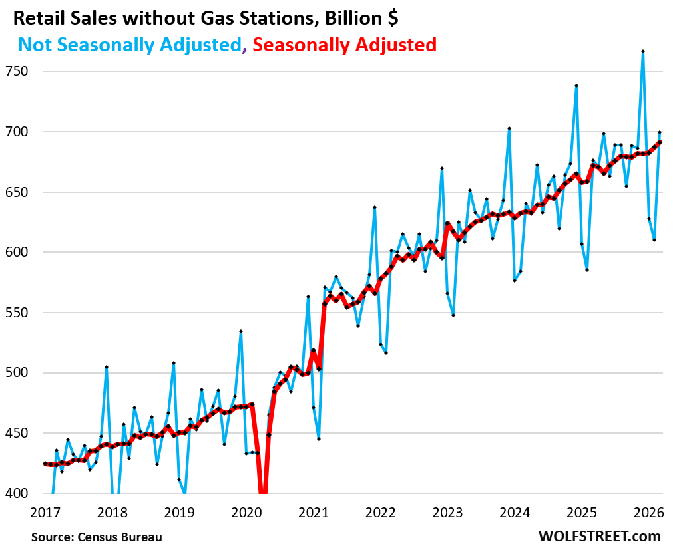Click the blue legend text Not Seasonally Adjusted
coord(129,45)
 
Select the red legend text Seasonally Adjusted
coord(345,45)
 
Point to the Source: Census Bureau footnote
coord(97,536)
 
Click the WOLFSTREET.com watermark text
coord(599,536)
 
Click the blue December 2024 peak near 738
coord(576,86)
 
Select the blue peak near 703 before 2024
coord(509,128)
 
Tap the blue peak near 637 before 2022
coord(375,207)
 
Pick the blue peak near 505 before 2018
coord(107,367)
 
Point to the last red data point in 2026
coord(660,142)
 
